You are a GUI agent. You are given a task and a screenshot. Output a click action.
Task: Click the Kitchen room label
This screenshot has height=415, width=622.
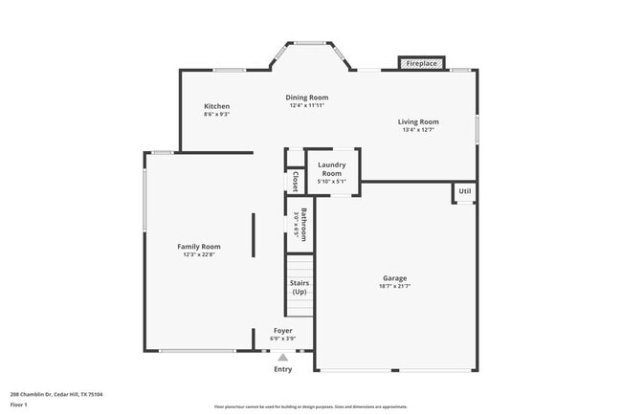(x=216, y=105)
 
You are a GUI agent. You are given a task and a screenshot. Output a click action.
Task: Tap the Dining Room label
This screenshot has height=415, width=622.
(x=307, y=98)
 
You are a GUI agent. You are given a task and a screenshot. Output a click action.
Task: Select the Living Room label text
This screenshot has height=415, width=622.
(x=418, y=121)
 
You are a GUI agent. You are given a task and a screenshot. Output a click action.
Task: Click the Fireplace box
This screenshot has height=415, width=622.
(x=421, y=63)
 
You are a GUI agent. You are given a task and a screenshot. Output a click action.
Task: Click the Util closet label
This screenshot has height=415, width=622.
(x=464, y=191)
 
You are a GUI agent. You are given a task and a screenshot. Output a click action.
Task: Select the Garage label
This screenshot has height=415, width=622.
(x=395, y=278)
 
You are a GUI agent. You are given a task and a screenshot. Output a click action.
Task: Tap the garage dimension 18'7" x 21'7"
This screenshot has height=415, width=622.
(x=395, y=287)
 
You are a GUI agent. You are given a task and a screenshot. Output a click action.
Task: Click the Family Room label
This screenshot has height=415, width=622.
(x=199, y=246)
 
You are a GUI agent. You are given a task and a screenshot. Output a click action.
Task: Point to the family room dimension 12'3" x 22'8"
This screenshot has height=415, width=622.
(x=199, y=254)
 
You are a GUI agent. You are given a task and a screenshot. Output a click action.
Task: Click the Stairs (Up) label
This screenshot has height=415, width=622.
(x=300, y=287)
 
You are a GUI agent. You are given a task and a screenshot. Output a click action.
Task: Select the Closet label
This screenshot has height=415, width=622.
(x=296, y=182)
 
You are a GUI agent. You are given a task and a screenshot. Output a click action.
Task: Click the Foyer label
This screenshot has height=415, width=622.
(x=283, y=330)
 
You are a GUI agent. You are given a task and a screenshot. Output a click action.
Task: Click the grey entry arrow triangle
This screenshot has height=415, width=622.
(x=282, y=357)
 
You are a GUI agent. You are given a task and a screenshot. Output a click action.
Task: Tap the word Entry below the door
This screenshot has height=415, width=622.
(x=283, y=369)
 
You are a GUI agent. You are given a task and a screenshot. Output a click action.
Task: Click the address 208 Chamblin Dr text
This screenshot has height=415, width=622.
(x=56, y=394)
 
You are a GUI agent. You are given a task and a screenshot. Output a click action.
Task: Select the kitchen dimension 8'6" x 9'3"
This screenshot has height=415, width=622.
(x=216, y=114)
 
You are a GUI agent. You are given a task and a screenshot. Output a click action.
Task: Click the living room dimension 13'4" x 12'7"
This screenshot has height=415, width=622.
(x=418, y=130)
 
